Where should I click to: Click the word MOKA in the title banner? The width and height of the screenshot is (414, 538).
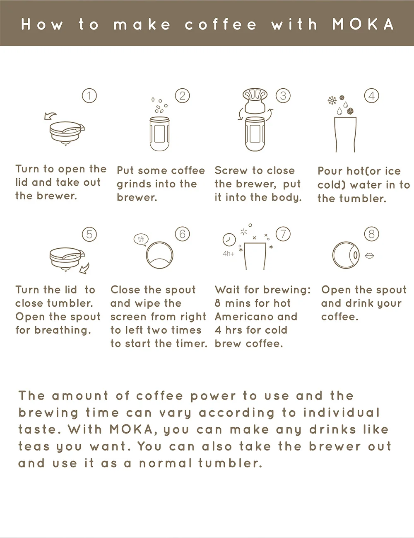363,24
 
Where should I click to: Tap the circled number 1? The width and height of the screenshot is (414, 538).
89,96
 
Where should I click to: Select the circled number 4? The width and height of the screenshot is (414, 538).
371,96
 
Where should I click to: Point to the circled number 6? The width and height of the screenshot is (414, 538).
183,234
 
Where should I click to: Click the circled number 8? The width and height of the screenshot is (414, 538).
371,234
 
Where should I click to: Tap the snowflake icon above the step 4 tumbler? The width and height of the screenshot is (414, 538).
332,101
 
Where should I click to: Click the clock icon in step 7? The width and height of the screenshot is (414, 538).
229,240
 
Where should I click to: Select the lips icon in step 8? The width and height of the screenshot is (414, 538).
369,255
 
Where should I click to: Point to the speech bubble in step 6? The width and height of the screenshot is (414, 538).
141,240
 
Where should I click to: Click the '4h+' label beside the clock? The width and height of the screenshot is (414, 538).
228,254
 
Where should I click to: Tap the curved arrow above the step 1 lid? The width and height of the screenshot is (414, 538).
50,116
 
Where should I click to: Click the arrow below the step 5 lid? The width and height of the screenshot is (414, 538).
84,269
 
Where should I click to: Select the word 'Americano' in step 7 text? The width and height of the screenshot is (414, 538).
256,317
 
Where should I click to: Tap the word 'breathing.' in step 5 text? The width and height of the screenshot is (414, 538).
63,330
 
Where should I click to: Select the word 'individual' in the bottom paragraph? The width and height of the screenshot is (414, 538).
342,413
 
